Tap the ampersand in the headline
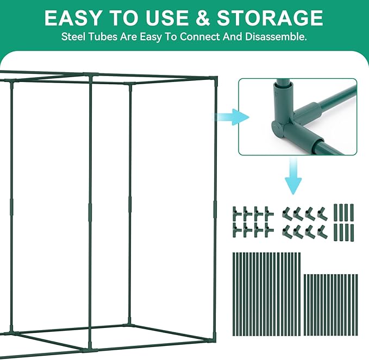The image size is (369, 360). [x=202, y=18]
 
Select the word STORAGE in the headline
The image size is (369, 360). [x=270, y=18]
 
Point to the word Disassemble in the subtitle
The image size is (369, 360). [x=276, y=37]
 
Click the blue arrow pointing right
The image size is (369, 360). [x=231, y=117]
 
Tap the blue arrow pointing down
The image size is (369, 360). [x=293, y=176]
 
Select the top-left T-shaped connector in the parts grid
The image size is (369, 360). [x=237, y=213]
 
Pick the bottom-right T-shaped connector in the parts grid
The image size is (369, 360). [x=269, y=230]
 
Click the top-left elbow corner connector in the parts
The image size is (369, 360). [x=287, y=213]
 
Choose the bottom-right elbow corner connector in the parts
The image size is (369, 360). [x=322, y=231]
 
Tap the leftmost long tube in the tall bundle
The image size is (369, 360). [x=234, y=294]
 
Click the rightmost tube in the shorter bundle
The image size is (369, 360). [x=357, y=305]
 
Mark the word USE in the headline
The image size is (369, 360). [x=167, y=18]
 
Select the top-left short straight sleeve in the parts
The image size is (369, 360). [x=336, y=212]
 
